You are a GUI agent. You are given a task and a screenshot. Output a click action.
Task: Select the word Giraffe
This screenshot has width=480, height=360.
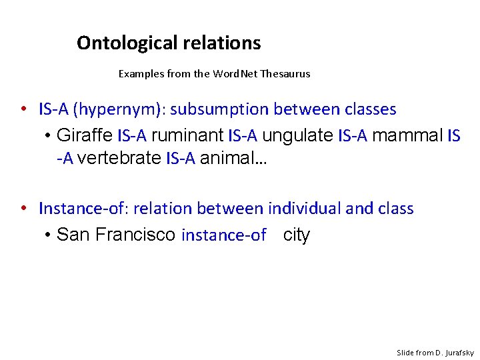[x=85, y=136]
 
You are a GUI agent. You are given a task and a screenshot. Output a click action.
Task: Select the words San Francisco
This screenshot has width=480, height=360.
[x=116, y=235]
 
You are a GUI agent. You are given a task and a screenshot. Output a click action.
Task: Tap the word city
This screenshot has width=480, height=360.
[x=297, y=235]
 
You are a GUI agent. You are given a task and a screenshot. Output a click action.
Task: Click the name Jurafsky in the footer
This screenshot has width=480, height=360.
[x=457, y=353]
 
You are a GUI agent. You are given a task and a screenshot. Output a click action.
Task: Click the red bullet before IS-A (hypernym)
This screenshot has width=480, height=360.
[x=23, y=109]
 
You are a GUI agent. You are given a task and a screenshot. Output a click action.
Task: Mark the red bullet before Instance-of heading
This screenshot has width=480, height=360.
[x=23, y=209]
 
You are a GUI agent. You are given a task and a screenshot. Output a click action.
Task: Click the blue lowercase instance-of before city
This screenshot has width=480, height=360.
[x=224, y=235]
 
